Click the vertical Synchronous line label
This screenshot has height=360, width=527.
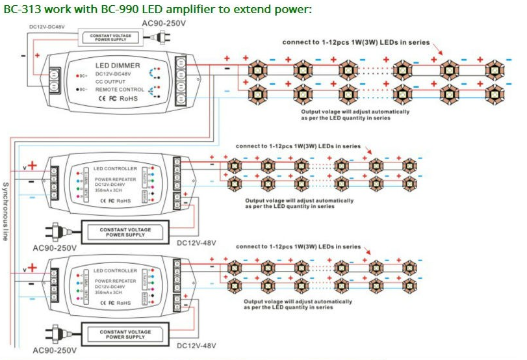pos(5,211)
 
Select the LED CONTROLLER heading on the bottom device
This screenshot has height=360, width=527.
pos(115,270)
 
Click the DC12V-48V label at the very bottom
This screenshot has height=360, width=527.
pos(196,345)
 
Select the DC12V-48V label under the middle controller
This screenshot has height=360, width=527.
pos(196,242)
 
